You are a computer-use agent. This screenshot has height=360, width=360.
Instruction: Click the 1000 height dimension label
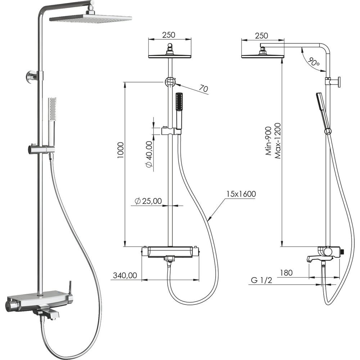point(121,150)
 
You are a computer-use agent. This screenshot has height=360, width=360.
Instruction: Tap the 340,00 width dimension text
point(125,275)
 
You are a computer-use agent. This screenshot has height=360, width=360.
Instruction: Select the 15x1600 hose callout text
point(241,194)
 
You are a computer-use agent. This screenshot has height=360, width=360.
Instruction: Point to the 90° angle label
point(314,62)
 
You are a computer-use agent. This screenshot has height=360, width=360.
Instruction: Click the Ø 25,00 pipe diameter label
point(148,201)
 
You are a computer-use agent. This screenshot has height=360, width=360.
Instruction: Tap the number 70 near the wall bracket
point(203,88)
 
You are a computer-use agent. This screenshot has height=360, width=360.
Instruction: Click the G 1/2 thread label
point(261,280)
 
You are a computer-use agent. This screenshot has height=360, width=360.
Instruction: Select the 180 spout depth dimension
point(286,273)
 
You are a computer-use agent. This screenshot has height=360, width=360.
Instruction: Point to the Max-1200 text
point(278,141)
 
